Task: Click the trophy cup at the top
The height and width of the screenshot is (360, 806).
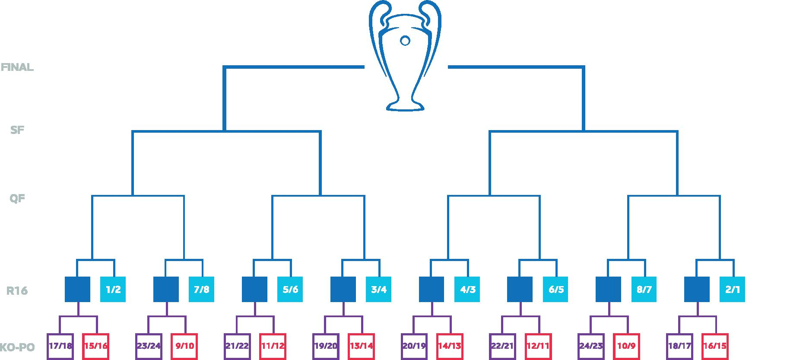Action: [405, 56]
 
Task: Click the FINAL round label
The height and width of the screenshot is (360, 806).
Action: [17, 67]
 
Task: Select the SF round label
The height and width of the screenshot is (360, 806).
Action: [17, 130]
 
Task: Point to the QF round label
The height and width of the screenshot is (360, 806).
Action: [17, 199]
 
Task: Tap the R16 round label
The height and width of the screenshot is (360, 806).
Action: [17, 291]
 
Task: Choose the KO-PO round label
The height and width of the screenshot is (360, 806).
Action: [17, 347]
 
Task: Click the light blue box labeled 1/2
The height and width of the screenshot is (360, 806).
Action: [113, 289]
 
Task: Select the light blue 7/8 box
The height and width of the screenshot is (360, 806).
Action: [202, 289]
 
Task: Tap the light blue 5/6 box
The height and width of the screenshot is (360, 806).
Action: [290, 289]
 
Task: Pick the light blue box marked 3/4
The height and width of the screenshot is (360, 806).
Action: [379, 289]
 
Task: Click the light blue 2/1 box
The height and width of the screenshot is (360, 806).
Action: [733, 289]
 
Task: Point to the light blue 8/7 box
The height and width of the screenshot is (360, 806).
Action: [644, 289]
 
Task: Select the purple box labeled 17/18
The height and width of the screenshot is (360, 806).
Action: [60, 346]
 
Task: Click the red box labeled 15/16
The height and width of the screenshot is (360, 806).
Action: [96, 346]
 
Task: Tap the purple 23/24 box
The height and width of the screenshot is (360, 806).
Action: [149, 346]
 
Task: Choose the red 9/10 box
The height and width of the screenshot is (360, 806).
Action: [184, 346]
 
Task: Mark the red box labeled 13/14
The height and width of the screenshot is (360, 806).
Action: [362, 346]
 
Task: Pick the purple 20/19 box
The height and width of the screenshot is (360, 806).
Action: [414, 346]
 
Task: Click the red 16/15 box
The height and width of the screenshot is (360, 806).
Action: [715, 346]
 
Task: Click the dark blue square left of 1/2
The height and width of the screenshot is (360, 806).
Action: [78, 289]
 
